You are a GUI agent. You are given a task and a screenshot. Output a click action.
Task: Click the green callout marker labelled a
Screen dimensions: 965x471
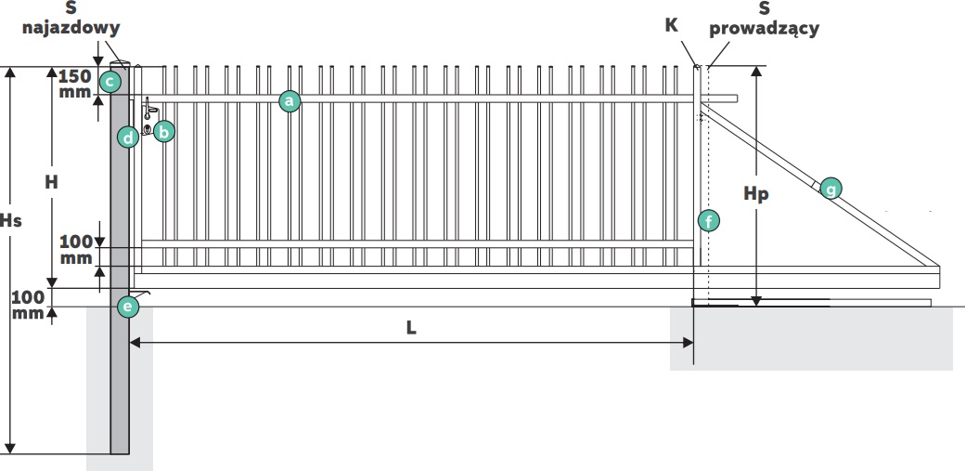[289, 100]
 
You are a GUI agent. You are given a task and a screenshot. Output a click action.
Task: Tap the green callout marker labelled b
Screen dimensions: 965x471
[163, 131]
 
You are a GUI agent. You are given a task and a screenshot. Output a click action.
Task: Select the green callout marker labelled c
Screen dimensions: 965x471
[110, 82]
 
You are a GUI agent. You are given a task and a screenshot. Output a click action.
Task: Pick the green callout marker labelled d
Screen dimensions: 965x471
[128, 137]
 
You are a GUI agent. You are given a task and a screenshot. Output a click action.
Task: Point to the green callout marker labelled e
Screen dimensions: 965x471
[128, 306]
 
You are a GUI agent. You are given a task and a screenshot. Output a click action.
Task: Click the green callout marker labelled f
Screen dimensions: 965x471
[708, 220]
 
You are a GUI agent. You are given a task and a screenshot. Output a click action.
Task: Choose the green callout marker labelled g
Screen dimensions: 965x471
[830, 189]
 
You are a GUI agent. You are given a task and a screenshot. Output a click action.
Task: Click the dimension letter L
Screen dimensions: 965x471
[411, 328]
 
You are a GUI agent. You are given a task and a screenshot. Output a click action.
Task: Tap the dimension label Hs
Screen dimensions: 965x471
[10, 220]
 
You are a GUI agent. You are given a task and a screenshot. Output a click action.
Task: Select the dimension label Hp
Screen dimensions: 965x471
[755, 194]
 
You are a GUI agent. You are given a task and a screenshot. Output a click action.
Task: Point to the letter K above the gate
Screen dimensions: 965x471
[672, 25]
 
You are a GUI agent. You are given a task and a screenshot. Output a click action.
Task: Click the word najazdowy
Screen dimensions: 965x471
[71, 29]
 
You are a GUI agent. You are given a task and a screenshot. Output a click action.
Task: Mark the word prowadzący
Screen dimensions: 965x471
[765, 29]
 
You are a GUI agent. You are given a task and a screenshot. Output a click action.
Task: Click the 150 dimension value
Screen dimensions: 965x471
[74, 77]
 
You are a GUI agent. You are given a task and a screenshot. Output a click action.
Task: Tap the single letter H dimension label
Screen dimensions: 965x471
[52, 182]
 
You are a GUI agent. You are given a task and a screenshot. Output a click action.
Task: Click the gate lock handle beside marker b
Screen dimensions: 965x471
[148, 117]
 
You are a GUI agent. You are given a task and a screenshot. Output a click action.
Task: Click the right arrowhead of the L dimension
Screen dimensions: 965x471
[688, 342]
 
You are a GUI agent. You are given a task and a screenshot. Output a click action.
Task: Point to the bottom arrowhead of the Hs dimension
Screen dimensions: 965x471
[9, 448]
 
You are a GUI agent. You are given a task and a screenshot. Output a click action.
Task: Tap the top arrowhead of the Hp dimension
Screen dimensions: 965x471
[756, 72]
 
